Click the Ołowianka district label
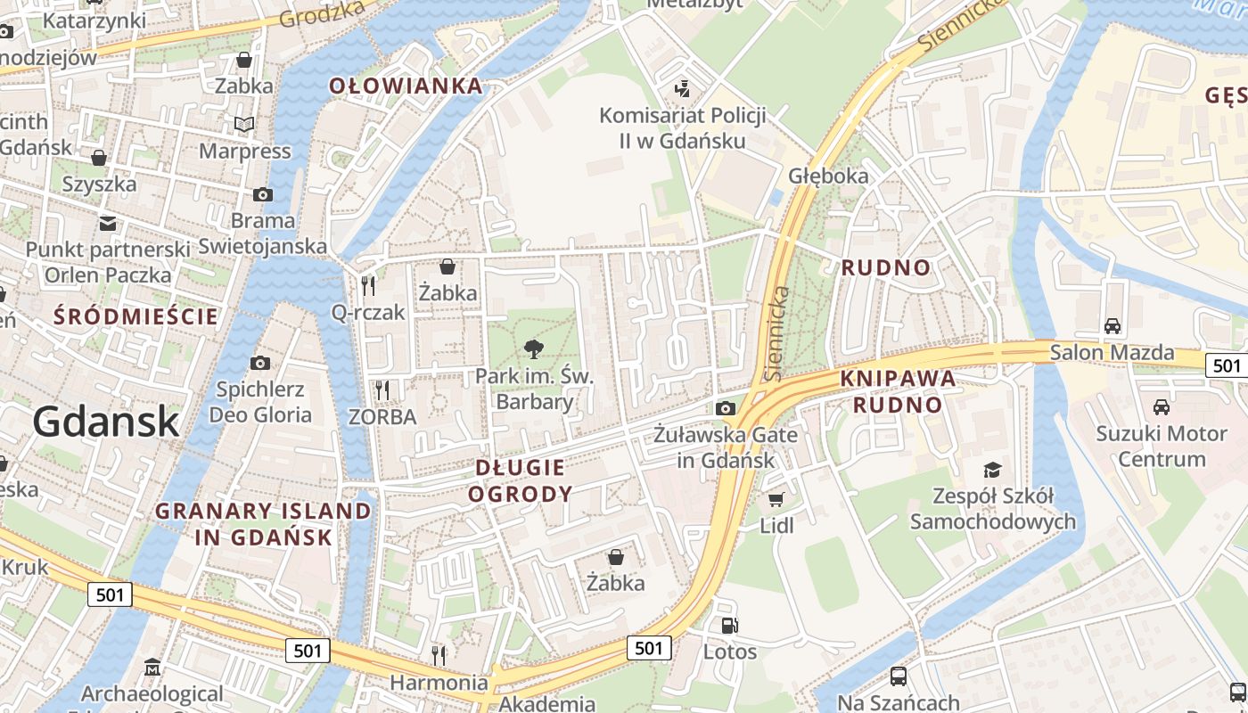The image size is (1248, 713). tap(406, 86)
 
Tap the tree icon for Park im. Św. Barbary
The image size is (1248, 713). tap(534, 348)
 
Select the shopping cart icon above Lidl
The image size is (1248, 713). tap(776, 499)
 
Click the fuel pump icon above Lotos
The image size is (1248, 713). tap(729, 626)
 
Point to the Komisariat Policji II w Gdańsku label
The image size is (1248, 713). tap(683, 127)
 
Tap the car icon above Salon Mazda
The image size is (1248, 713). tap(1112, 326)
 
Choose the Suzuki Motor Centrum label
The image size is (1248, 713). tap(1161, 447)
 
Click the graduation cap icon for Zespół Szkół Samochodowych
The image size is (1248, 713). tap(992, 470)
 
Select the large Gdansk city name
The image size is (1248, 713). tap(106, 421)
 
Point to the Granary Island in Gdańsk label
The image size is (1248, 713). tap(263, 524)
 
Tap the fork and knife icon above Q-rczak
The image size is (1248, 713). tap(368, 285)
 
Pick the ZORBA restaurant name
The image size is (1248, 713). tap(382, 416)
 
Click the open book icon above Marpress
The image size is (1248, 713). tap(244, 125)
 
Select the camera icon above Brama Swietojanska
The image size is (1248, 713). tap(263, 194)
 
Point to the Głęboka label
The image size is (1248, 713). tap(828, 176)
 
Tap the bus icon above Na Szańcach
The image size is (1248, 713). tap(898, 676)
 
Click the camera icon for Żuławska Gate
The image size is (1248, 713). tap(726, 408)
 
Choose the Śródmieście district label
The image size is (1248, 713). tap(135, 316)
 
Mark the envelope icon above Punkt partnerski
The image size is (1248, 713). tap(108, 223)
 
